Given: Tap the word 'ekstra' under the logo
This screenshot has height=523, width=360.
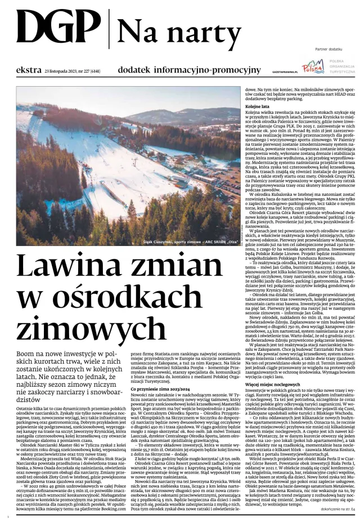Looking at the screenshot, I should (29, 70).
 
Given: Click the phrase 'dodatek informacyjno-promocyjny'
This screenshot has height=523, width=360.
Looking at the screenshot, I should (189, 70).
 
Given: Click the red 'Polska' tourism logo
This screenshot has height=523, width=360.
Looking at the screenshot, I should (313, 68).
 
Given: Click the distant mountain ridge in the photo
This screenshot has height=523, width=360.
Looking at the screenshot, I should (169, 115).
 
